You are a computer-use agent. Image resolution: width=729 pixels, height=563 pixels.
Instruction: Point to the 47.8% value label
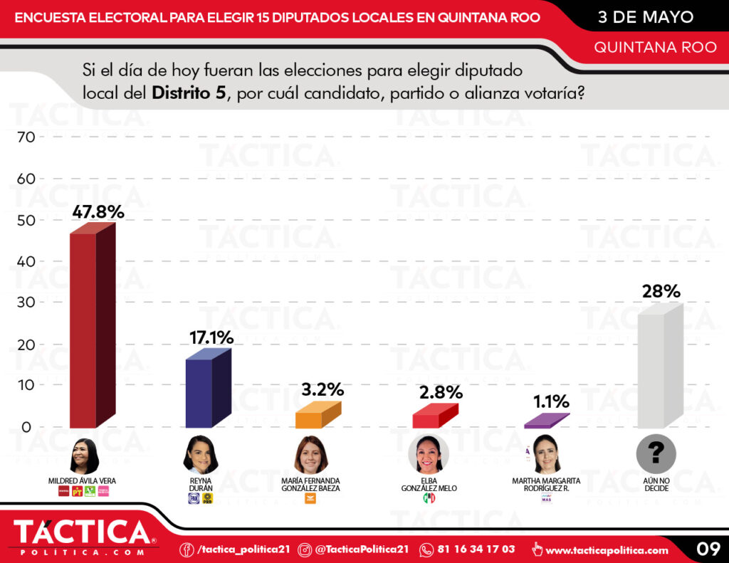98,211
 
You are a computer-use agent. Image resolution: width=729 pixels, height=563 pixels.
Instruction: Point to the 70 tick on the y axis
25,137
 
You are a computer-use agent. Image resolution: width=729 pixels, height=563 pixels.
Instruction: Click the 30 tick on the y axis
25,302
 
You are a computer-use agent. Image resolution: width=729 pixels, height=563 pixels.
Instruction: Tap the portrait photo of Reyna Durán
200,455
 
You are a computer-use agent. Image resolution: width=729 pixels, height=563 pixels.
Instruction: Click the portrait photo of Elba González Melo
429,455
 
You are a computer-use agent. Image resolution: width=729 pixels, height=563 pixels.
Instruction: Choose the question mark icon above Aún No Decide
656,453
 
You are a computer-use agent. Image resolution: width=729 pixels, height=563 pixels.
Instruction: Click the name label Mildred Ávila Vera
82,480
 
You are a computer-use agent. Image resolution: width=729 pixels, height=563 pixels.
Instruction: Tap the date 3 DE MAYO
646,16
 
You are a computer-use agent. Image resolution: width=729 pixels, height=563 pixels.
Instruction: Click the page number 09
708,549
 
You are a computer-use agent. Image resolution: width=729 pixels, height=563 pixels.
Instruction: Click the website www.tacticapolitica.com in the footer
607,549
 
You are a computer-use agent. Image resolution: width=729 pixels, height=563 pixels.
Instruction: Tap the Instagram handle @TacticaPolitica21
362,549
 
